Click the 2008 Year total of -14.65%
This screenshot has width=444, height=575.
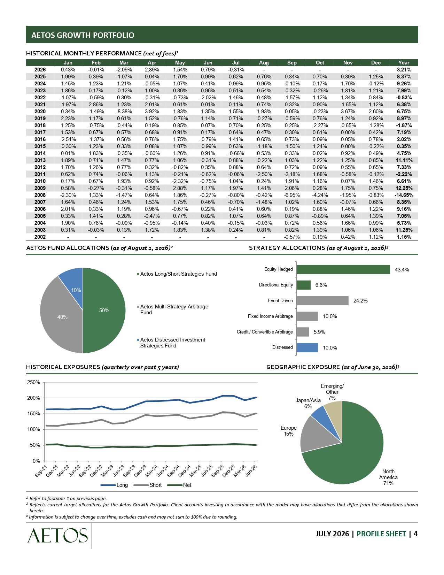coord(404,195)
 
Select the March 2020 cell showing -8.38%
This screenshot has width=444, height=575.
coord(124,112)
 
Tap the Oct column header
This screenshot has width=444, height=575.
coord(320,63)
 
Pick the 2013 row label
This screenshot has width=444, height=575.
coord(40,160)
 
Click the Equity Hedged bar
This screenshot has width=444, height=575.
coord(343,269)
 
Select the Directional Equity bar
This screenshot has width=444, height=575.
coord(304,285)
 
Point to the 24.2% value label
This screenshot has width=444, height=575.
coord(360,301)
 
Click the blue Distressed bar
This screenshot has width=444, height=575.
coord(307,347)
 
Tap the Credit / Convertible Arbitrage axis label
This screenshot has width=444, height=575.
coord(265,332)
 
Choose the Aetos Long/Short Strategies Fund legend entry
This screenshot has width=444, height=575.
coord(177,274)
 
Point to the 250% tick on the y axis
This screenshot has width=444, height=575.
coord(33,382)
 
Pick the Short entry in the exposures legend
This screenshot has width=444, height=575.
coord(148,485)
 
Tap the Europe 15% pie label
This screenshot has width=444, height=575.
coord(288,431)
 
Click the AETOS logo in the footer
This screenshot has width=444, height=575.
coord(57,536)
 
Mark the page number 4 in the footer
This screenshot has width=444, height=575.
coord(415,534)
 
